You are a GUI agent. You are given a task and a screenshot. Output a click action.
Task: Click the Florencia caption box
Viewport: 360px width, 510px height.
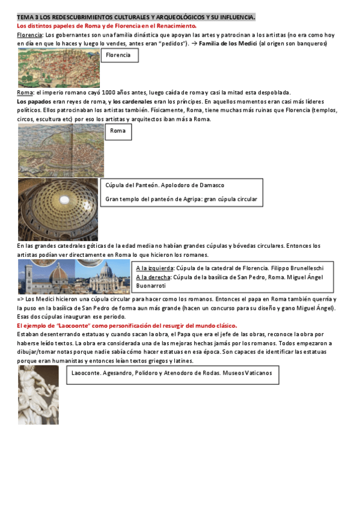click(x=120, y=55)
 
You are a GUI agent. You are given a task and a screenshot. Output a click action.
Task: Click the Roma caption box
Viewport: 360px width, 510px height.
click(x=118, y=132)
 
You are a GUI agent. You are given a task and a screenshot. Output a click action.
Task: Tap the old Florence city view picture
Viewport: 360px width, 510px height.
click(x=58, y=69)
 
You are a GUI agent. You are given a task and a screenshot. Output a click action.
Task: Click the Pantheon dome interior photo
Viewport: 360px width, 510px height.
click(x=58, y=209)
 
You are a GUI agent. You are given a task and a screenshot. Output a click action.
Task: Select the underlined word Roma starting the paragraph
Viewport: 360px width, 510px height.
click(x=25, y=93)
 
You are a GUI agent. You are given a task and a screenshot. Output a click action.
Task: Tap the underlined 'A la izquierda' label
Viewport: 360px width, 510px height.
click(x=152, y=268)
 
